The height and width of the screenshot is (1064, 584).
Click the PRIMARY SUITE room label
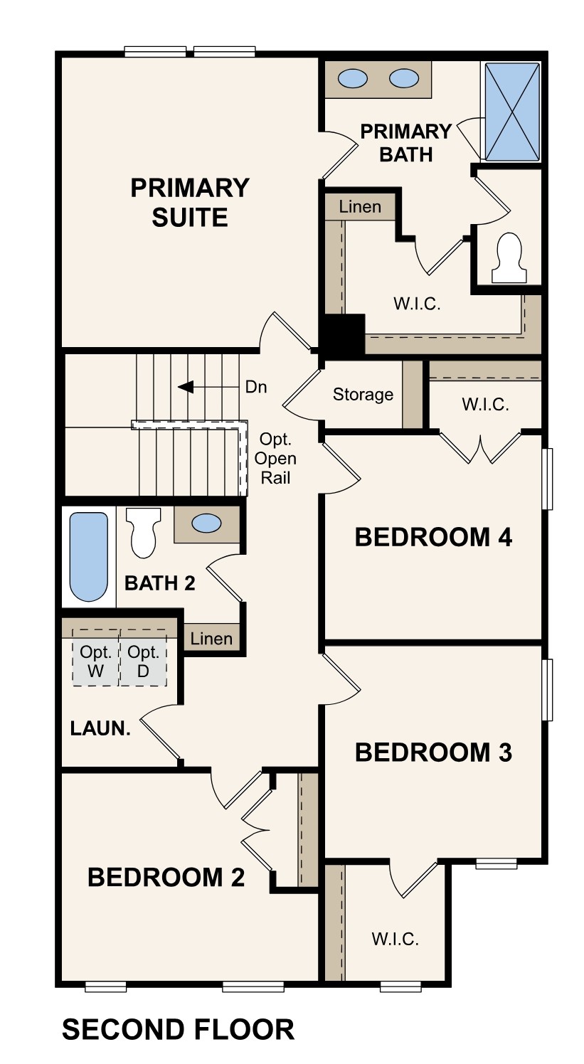(190, 202)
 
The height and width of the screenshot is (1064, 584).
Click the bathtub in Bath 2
(89, 556)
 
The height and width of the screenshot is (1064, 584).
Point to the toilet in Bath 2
(142, 533)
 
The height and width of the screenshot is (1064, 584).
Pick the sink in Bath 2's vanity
(207, 524)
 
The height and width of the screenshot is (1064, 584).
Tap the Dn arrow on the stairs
(186, 387)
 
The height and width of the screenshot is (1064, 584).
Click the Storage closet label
(363, 395)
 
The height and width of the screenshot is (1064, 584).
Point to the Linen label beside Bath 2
(211, 639)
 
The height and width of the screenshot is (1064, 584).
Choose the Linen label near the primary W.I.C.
(360, 208)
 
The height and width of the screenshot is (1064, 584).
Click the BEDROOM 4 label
(433, 538)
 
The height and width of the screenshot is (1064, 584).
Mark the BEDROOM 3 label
(433, 752)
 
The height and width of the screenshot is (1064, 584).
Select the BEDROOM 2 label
(166, 878)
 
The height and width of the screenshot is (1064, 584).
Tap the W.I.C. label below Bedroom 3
(395, 939)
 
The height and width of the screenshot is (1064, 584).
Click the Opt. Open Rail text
(276, 458)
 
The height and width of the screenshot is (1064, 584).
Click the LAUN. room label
(100, 728)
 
